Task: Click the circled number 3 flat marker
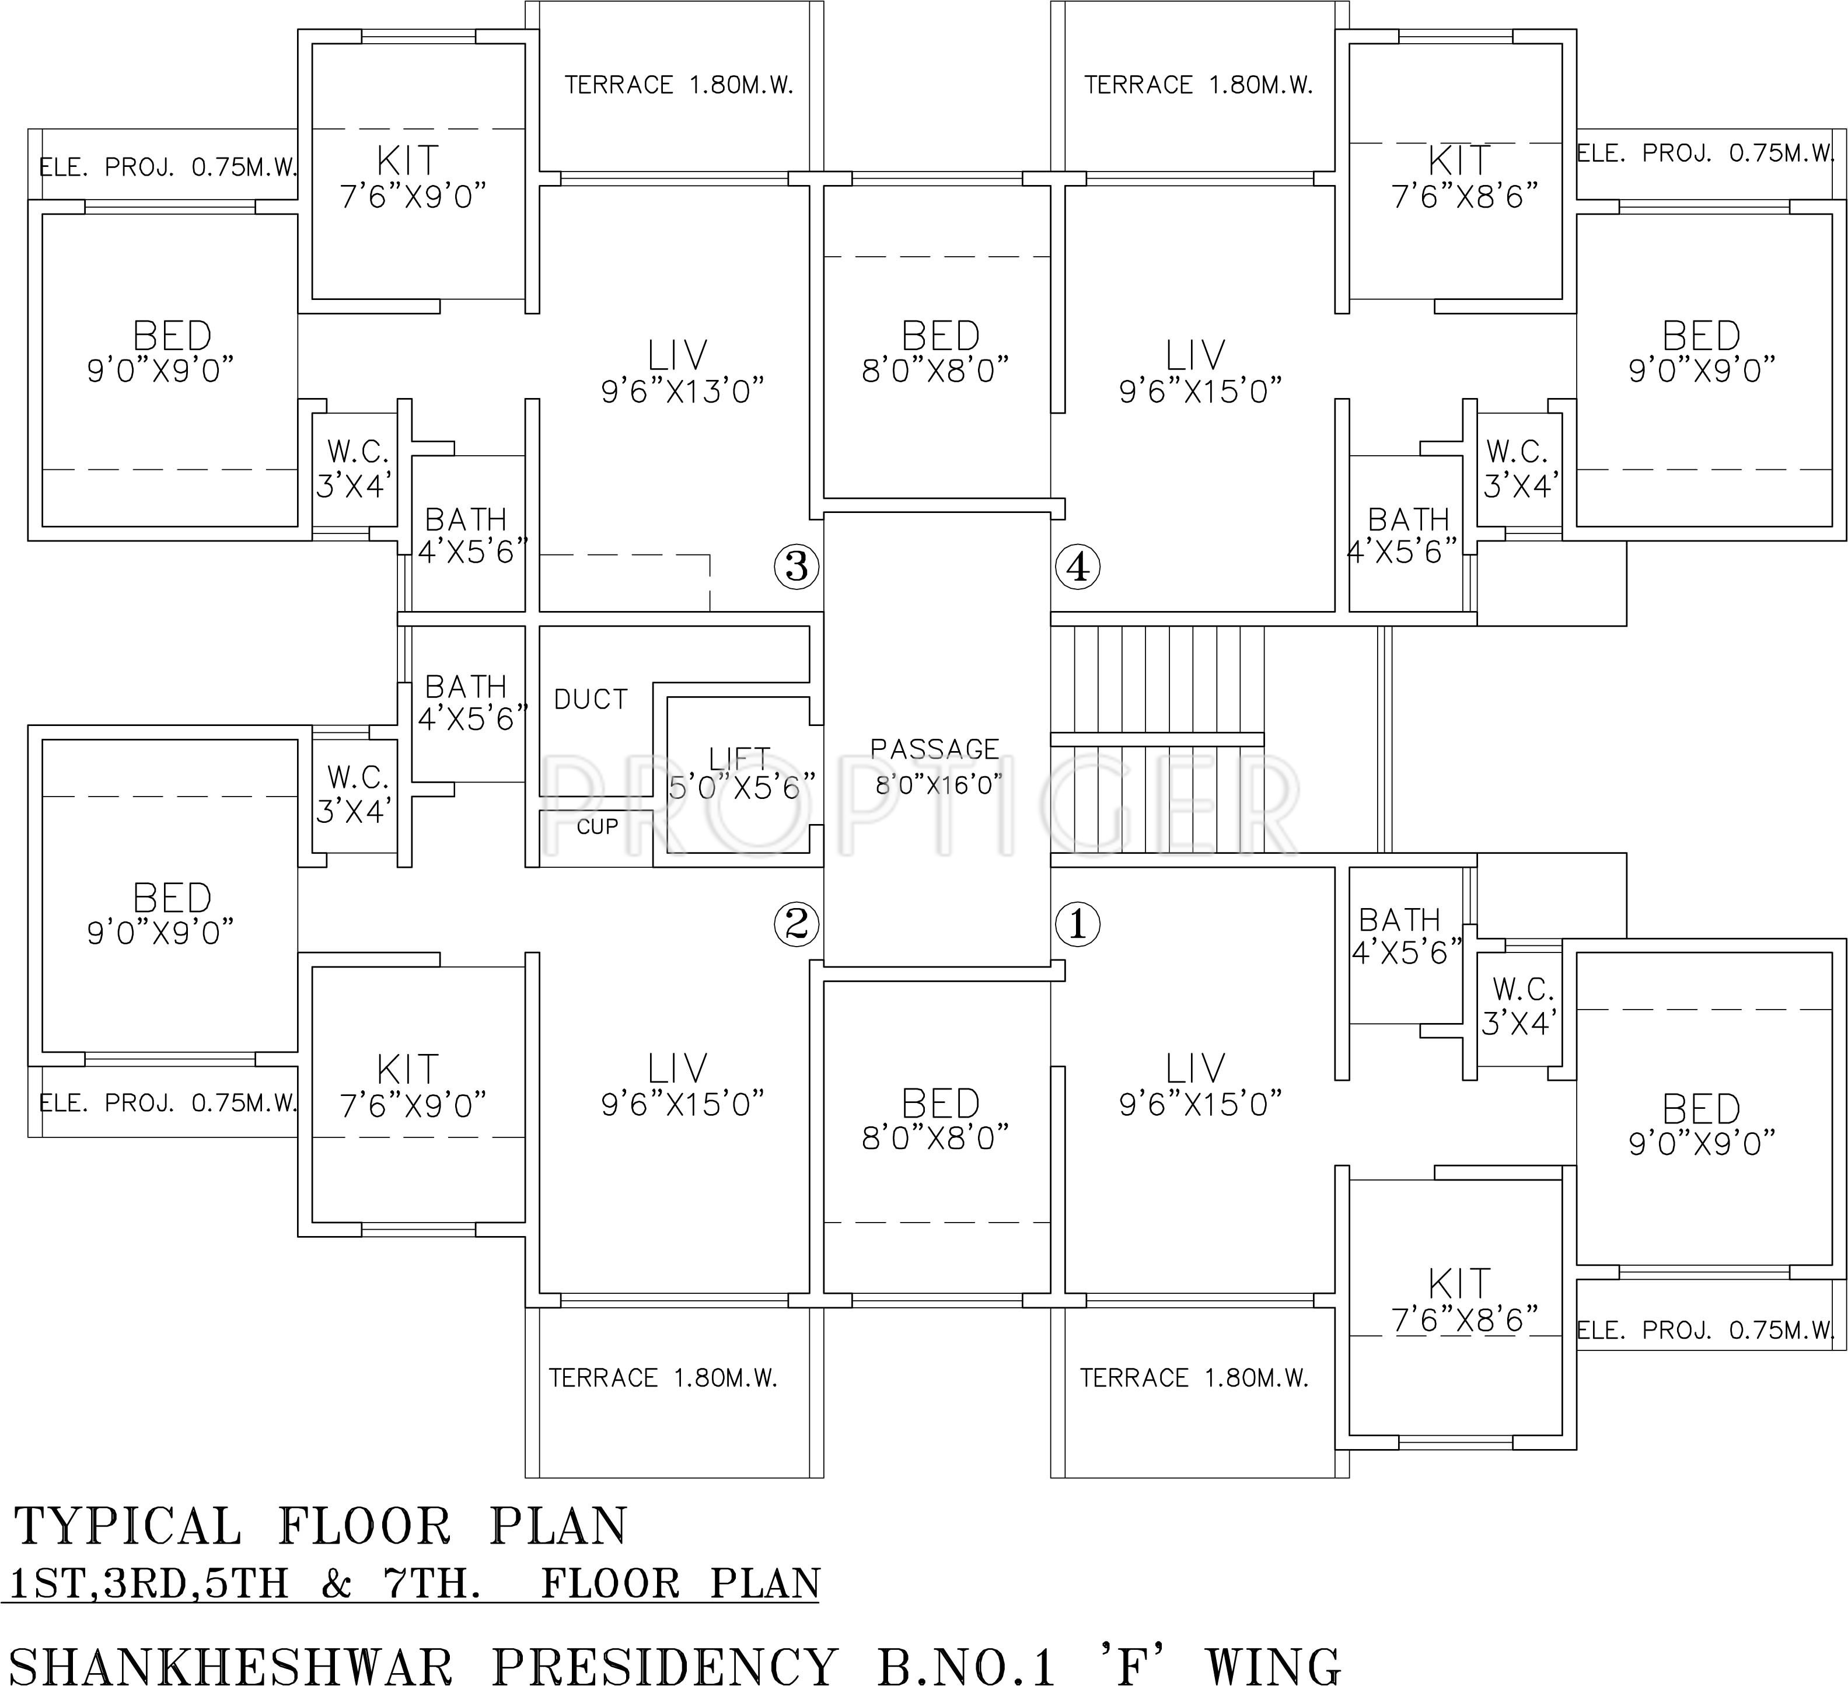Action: coord(796,567)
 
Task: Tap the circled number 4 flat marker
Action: coord(1077,567)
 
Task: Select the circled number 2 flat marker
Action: coord(796,923)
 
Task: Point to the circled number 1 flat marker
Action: coord(1077,923)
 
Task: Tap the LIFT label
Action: coord(739,758)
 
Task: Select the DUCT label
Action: coord(591,700)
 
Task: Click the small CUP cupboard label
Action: coord(597,827)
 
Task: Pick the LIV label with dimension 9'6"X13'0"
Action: coord(678,356)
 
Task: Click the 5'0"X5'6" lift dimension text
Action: coord(742,787)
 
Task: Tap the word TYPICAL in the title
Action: coord(128,1527)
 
